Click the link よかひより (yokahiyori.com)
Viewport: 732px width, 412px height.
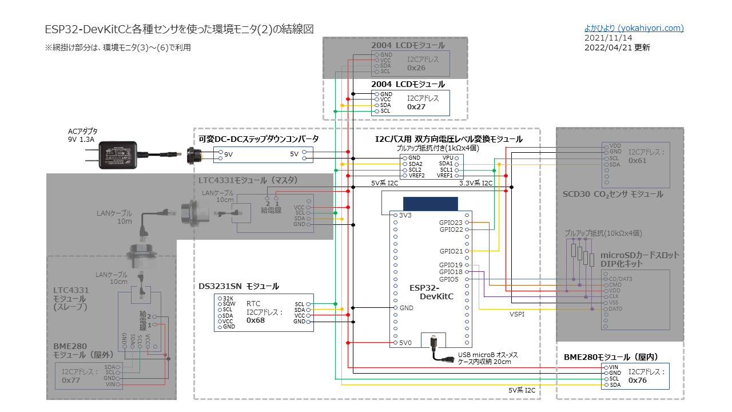click(x=634, y=28)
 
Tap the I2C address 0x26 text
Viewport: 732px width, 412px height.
click(x=416, y=68)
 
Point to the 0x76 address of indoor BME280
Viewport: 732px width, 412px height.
click(x=638, y=380)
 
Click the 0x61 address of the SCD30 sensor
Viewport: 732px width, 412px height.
click(x=638, y=161)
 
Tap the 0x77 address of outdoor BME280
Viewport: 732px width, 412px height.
click(x=71, y=380)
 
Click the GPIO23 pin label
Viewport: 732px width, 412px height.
click(x=451, y=222)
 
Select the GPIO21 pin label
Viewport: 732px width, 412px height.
click(x=451, y=251)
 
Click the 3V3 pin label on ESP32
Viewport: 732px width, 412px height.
click(x=406, y=215)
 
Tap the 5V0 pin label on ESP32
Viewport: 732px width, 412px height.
click(x=406, y=343)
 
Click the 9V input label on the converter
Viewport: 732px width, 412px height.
click(x=228, y=154)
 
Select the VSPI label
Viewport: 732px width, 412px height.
click(x=517, y=314)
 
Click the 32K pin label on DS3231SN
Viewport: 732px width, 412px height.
click(x=227, y=299)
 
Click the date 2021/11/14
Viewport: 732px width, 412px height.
click(x=604, y=38)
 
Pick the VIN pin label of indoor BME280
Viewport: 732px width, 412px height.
click(x=614, y=367)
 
